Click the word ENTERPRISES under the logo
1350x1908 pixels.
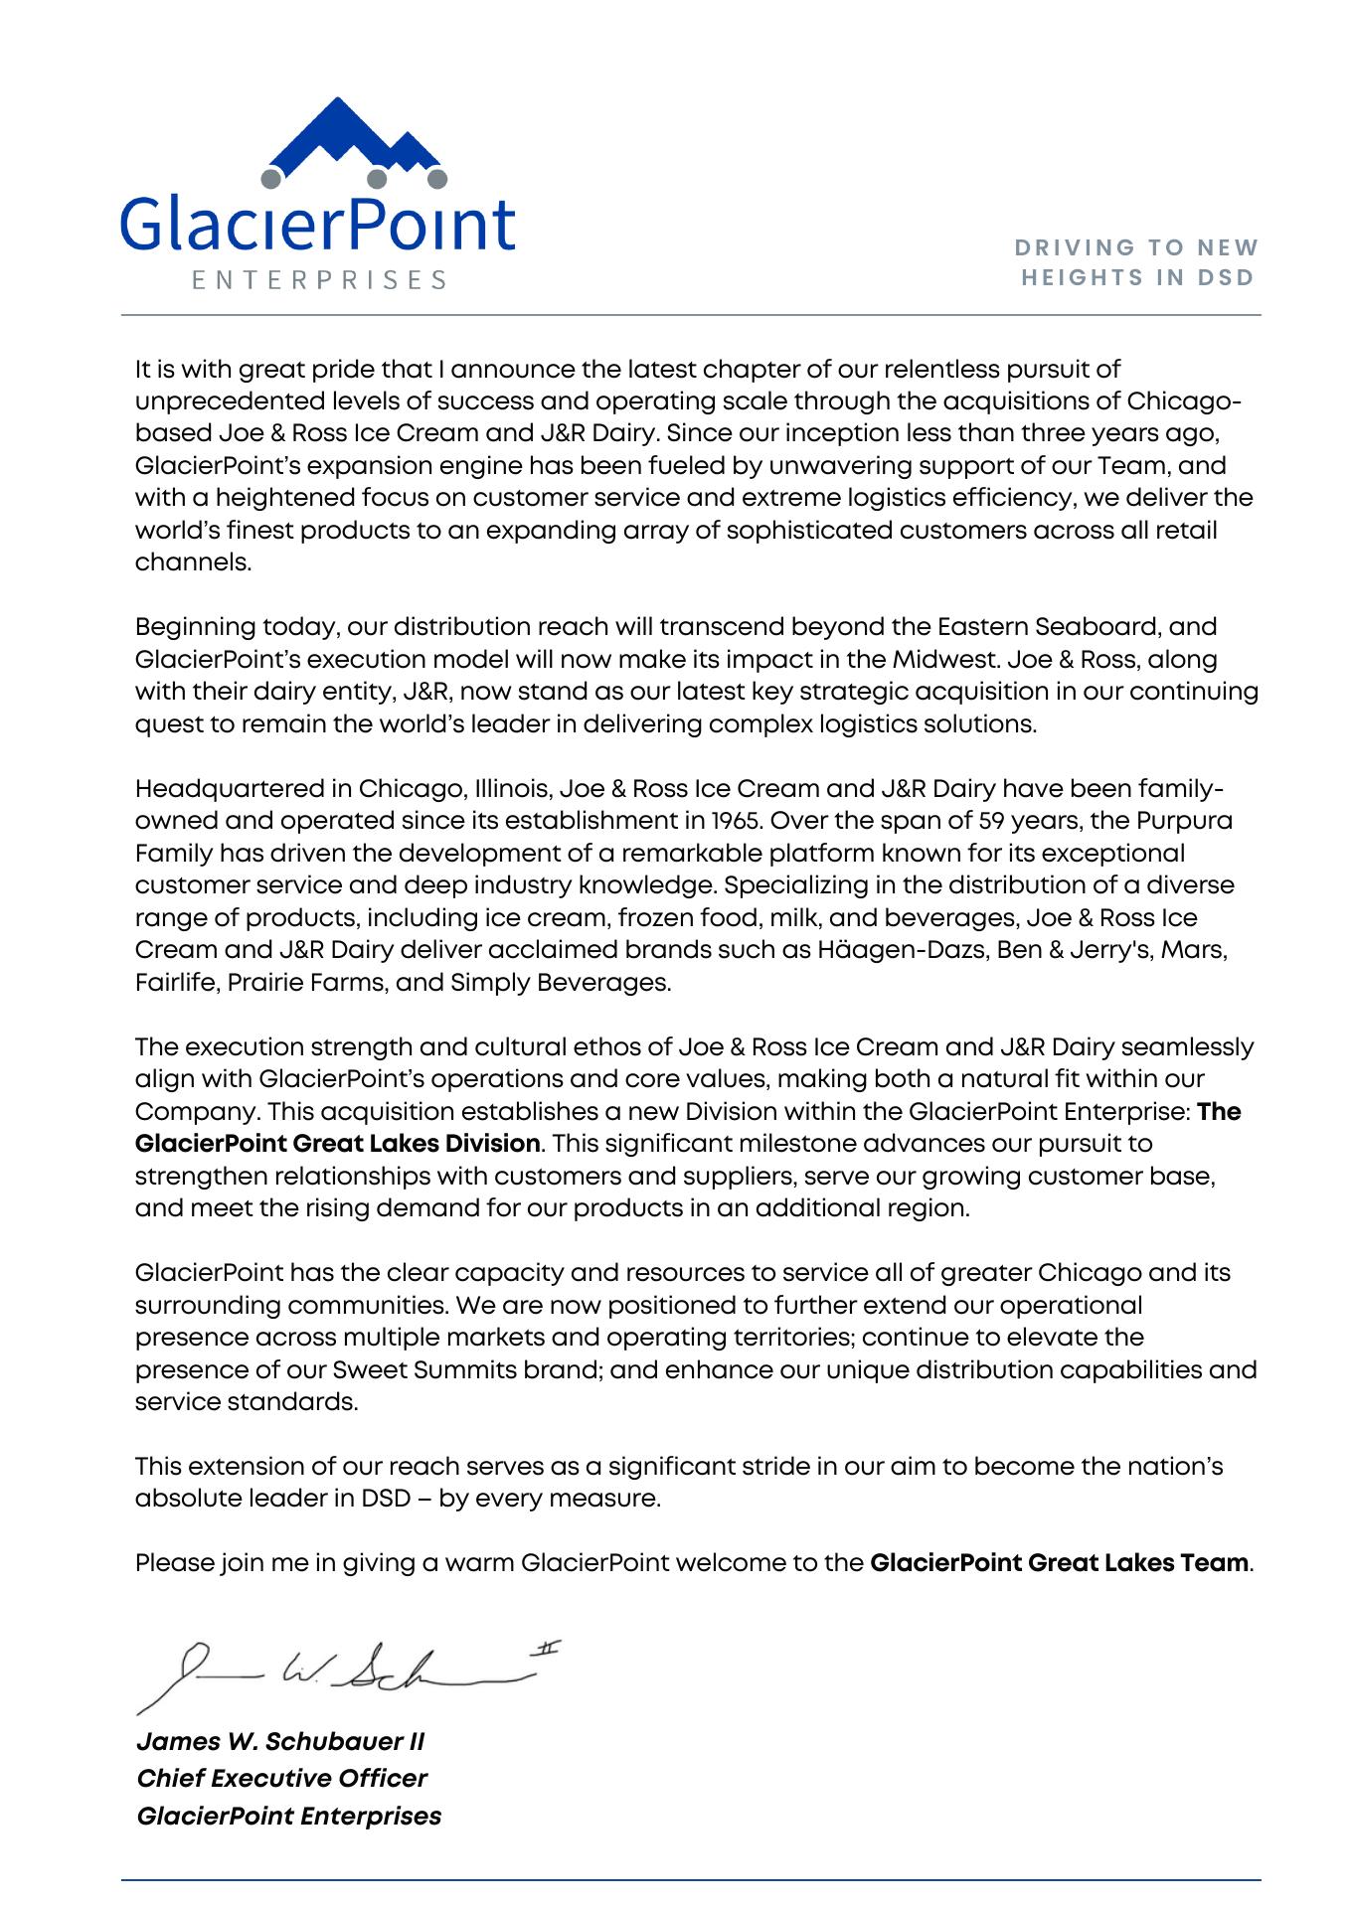tap(319, 280)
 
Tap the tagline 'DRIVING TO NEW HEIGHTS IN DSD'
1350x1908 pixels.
tap(1139, 262)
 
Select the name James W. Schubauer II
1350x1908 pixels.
tap(280, 1741)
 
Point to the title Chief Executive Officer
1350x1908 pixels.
tap(282, 1778)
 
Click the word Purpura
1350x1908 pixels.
tap(1184, 821)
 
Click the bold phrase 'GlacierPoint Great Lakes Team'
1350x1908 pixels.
tap(1059, 1562)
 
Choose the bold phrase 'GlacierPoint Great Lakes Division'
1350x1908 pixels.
tap(338, 1144)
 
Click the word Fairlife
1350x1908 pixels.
tap(176, 983)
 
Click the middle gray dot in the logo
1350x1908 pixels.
tap(378, 180)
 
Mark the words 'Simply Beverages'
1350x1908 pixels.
tap(560, 983)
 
